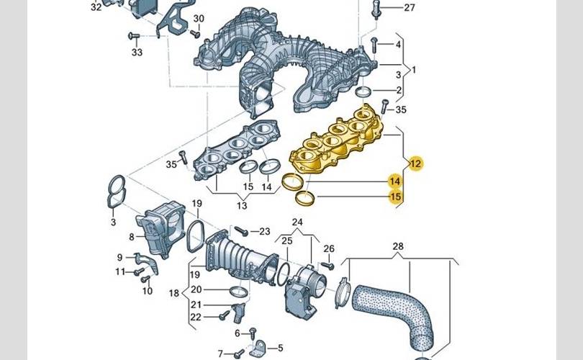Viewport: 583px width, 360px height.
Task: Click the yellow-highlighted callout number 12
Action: point(416,163)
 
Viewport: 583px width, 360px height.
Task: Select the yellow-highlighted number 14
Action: point(395,181)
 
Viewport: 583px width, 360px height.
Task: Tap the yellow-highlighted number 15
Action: point(395,197)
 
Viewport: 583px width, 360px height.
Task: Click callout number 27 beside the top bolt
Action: point(409,7)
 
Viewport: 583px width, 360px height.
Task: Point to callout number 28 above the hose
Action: point(398,246)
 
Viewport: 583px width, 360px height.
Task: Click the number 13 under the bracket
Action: point(242,205)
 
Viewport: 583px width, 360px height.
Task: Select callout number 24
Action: point(297,222)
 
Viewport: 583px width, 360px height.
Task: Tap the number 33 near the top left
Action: point(137,52)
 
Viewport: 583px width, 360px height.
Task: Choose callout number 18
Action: point(173,293)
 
